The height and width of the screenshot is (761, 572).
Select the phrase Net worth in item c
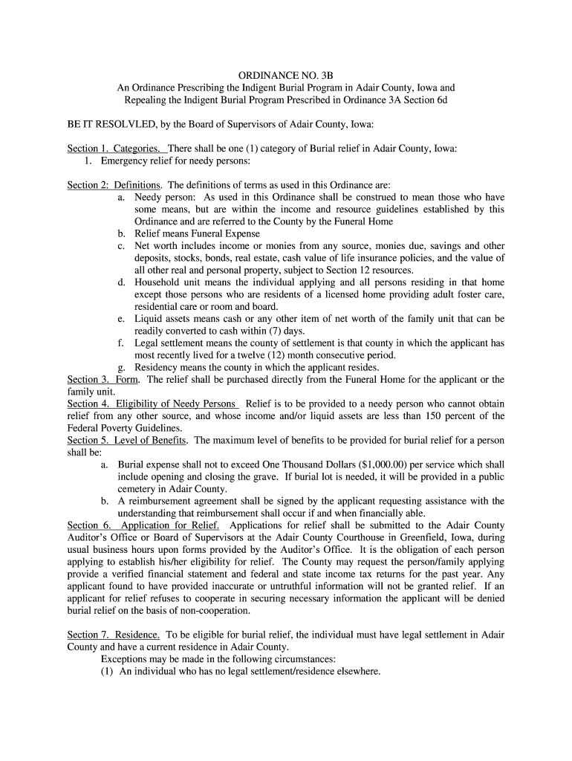point(156,246)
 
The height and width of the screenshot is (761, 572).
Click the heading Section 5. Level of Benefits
point(127,441)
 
